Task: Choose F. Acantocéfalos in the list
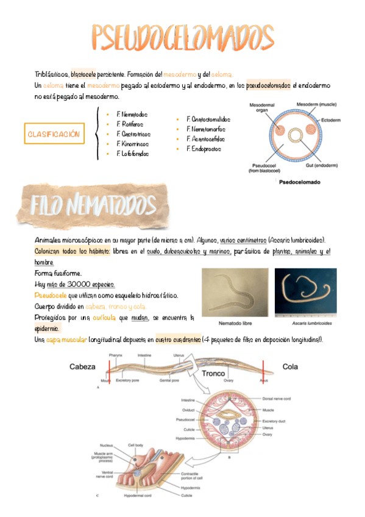208,139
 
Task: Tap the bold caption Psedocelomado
299,181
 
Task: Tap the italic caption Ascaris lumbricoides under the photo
302,323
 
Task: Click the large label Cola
289,366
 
